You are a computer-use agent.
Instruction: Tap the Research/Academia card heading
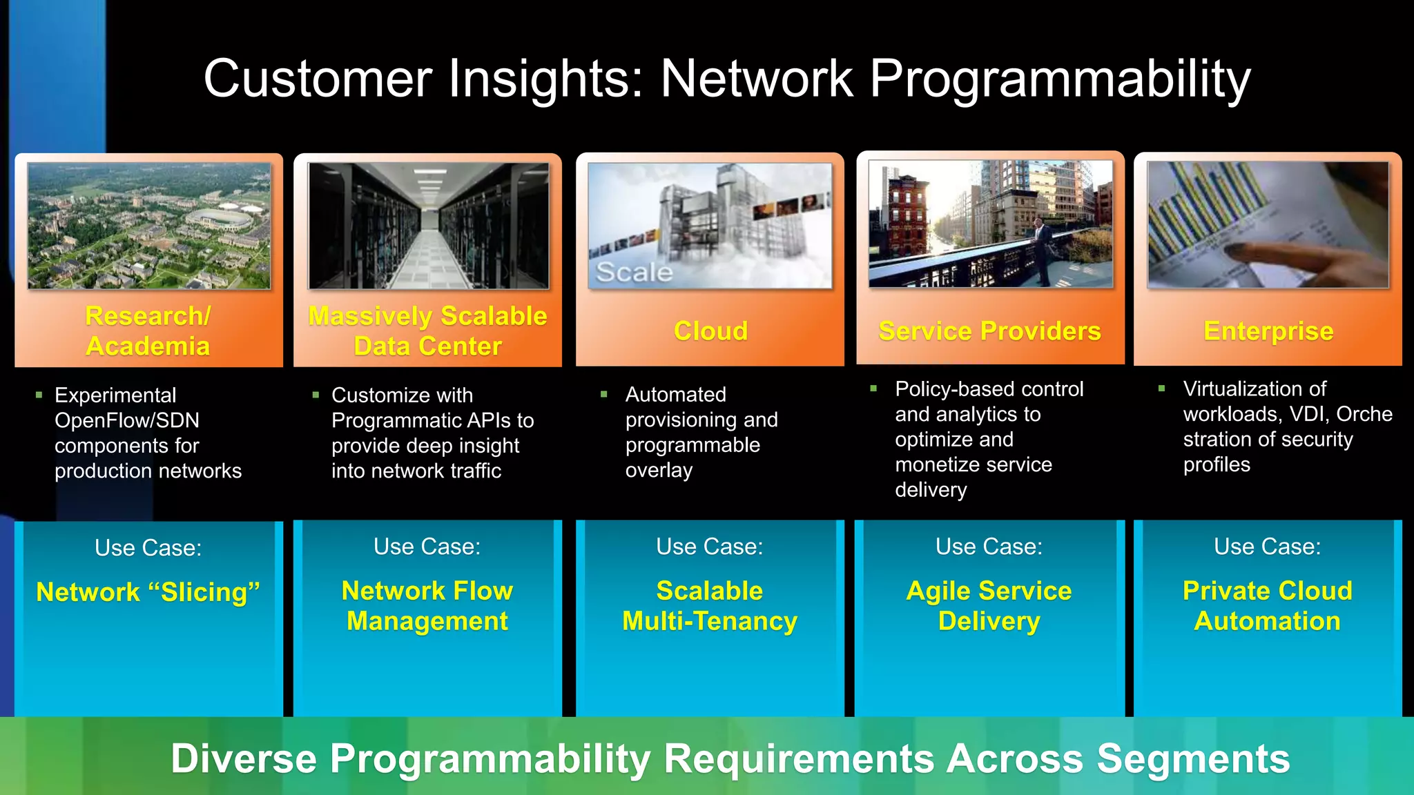[x=148, y=331]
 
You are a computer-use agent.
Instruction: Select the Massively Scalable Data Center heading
[x=427, y=331]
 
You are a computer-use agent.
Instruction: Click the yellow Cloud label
[x=710, y=331]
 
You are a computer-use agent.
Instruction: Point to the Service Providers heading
[x=989, y=331]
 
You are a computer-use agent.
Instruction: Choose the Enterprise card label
[x=1268, y=331]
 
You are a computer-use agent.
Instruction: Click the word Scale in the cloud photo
[x=634, y=273]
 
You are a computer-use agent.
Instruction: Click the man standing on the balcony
[x=1041, y=248]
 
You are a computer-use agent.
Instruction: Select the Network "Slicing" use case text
[x=148, y=592]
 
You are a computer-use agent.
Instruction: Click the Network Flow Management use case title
[x=427, y=606]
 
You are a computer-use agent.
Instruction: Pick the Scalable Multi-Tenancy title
[x=710, y=606]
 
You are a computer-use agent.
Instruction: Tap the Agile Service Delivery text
[x=989, y=606]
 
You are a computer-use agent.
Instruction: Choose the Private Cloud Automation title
[x=1268, y=606]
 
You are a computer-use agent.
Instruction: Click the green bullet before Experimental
[x=39, y=395]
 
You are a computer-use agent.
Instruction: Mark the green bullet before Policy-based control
[x=873, y=389]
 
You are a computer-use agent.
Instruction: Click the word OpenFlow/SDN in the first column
[x=127, y=420]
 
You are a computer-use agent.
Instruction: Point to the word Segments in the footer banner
[x=1193, y=759]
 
